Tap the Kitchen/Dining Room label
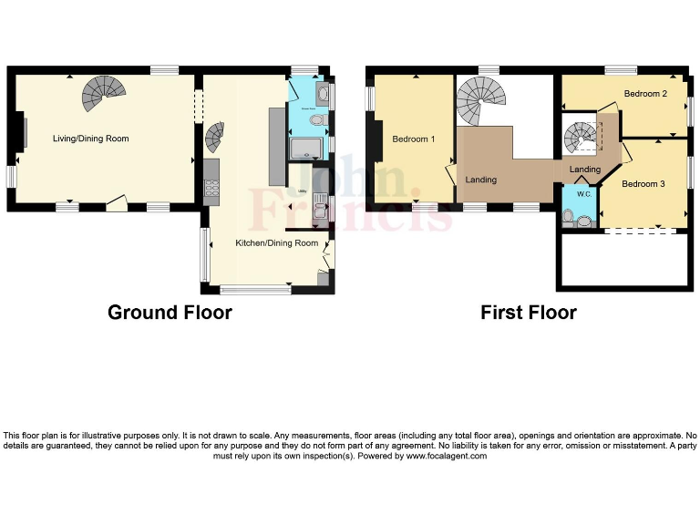277,243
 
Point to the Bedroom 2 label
646,94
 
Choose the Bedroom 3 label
643,184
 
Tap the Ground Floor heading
170,313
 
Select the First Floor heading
529,313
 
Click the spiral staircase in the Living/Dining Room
102,92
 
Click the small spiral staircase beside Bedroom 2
580,139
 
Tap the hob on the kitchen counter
212,188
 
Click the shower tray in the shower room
310,149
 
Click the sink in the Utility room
320,213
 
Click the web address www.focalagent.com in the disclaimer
446,456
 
